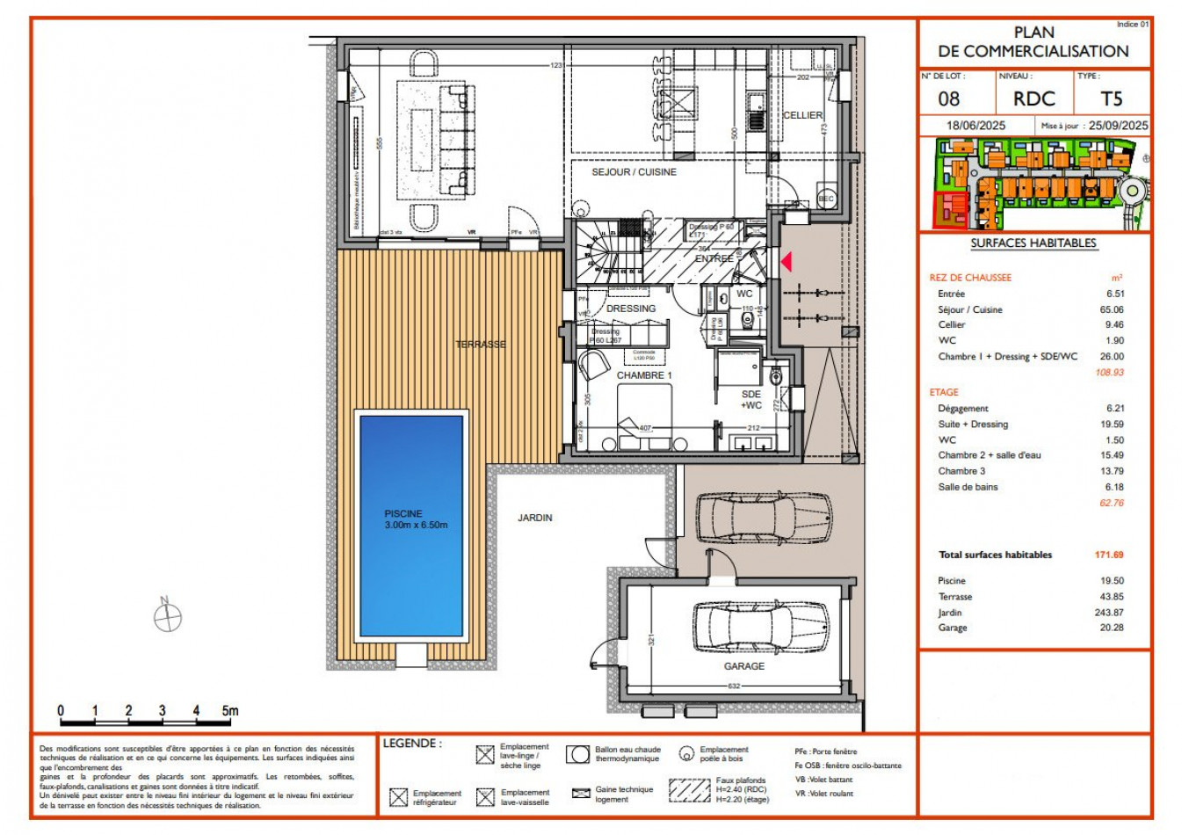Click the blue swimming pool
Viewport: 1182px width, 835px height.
[410, 526]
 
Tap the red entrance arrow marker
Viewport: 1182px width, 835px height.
[787, 261]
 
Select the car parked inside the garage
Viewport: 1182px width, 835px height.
[760, 626]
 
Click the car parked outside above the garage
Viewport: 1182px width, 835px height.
[763, 518]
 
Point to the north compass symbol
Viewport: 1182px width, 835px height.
[167, 617]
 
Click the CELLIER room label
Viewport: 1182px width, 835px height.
[802, 115]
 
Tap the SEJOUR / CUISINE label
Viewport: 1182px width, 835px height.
[634, 172]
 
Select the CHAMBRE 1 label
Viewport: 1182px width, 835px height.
[644, 375]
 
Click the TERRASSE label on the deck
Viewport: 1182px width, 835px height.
[481, 345]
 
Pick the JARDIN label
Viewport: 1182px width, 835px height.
[535, 518]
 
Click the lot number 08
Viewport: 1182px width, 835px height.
[949, 99]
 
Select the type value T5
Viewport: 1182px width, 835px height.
[1112, 99]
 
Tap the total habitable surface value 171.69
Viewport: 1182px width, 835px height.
[1109, 555]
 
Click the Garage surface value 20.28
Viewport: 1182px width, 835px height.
[1111, 628]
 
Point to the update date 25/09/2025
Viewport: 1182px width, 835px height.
[1118, 126]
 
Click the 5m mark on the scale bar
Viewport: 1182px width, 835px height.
[229, 711]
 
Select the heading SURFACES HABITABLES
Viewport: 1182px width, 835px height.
[1033, 243]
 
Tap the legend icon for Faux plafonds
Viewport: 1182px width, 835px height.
[689, 789]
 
